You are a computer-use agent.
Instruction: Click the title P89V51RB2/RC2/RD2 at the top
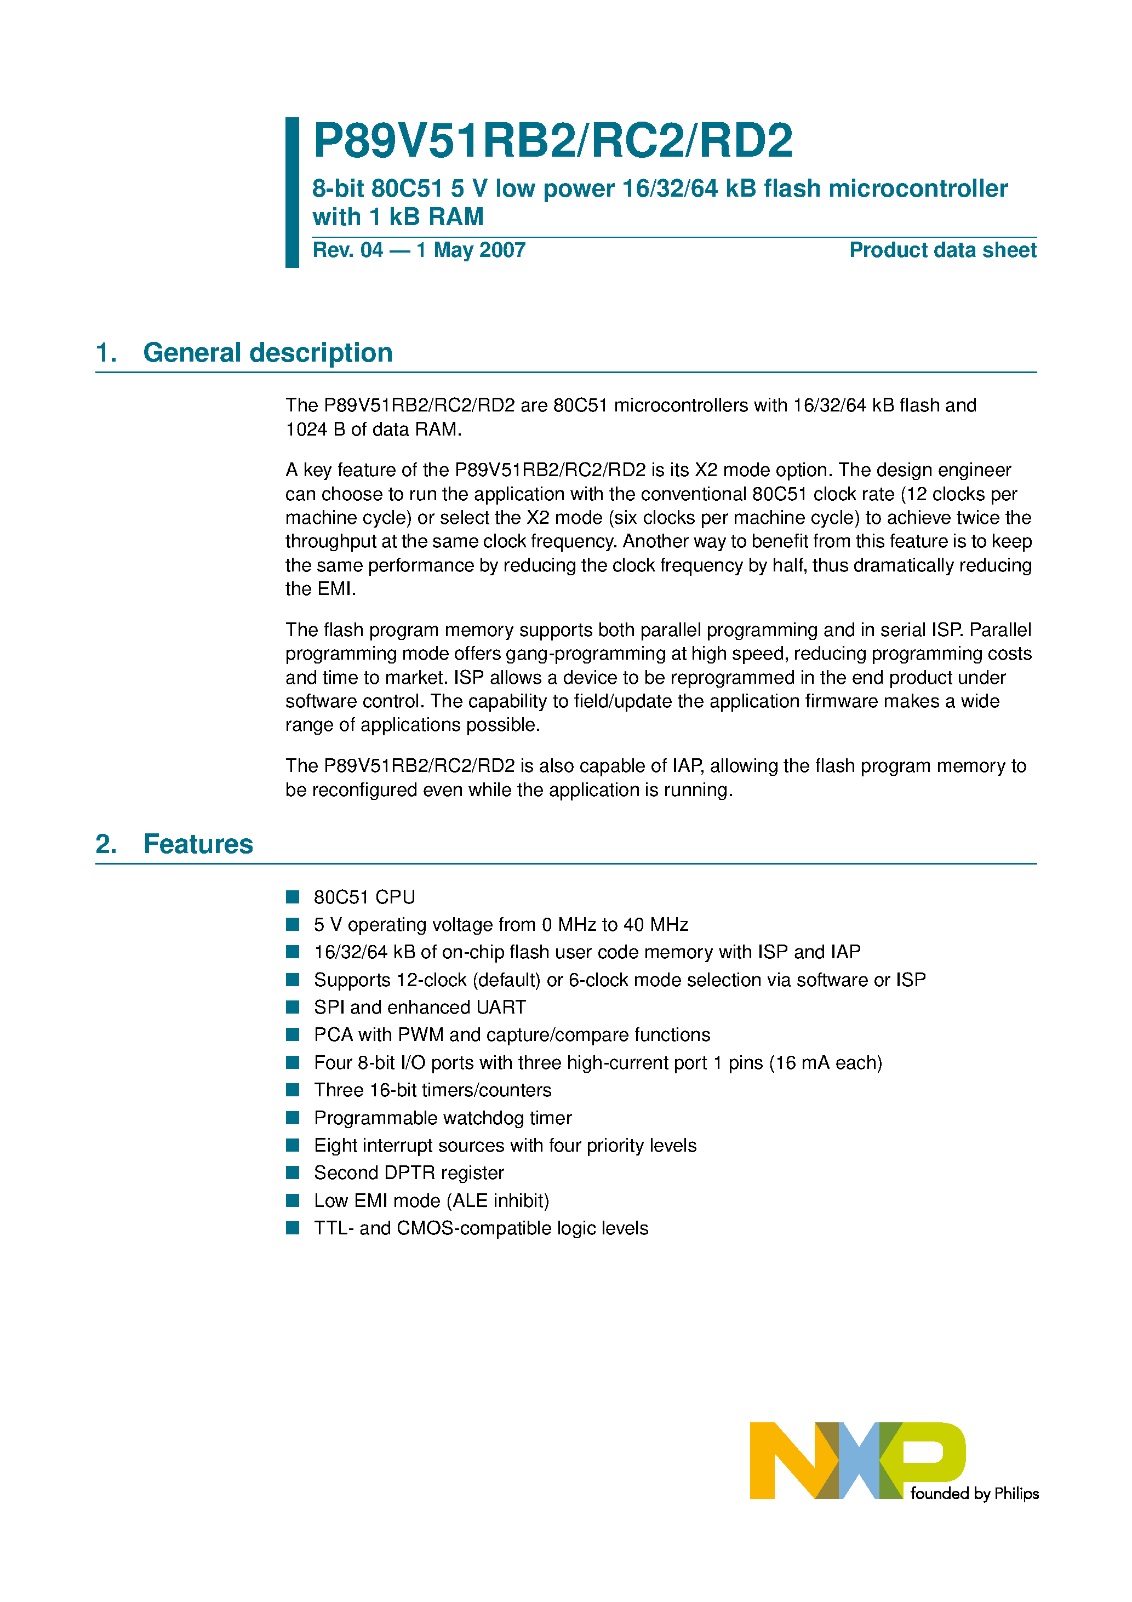pyautogui.click(x=552, y=141)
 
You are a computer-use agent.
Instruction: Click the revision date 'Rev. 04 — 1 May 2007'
pyautogui.click(x=419, y=250)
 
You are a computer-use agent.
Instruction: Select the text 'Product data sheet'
pyautogui.click(x=942, y=250)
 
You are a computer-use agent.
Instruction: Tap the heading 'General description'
pyautogui.click(x=267, y=353)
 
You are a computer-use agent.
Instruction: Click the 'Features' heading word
pyautogui.click(x=198, y=844)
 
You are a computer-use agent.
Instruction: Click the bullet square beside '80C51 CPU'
pyautogui.click(x=293, y=896)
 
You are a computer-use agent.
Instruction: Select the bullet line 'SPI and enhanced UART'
pyautogui.click(x=420, y=1007)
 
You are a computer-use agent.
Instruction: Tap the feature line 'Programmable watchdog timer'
pyautogui.click(x=443, y=1118)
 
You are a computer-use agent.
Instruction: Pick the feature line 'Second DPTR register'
pyautogui.click(x=408, y=1173)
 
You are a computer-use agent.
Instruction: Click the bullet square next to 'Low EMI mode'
pyautogui.click(x=293, y=1200)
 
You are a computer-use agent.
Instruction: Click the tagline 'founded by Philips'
pyautogui.click(x=974, y=1493)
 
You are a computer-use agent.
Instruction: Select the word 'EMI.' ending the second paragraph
pyautogui.click(x=321, y=589)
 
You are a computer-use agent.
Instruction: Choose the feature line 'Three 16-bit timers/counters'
pyautogui.click(x=432, y=1090)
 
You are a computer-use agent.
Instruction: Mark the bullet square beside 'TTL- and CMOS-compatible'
pyautogui.click(x=293, y=1228)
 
